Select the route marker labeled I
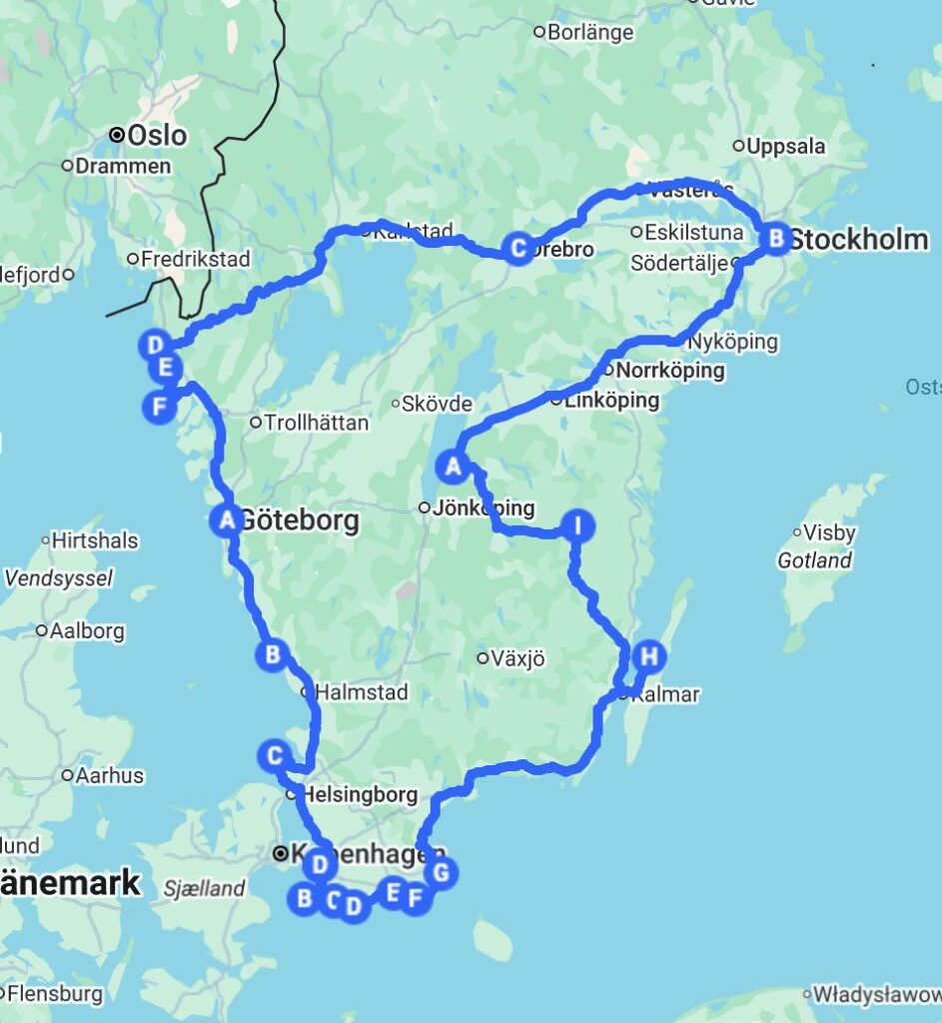[576, 524]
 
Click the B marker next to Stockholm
[774, 239]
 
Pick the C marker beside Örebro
[517, 247]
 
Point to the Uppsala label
[786, 146]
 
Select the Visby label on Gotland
[830, 532]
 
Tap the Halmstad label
[362, 691]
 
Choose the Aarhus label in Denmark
[111, 775]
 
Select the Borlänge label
[590, 32]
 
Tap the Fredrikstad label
[195, 260]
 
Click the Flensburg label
[54, 994]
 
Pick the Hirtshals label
[96, 540]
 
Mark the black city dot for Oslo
[117, 134]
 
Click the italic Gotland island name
[814, 560]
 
